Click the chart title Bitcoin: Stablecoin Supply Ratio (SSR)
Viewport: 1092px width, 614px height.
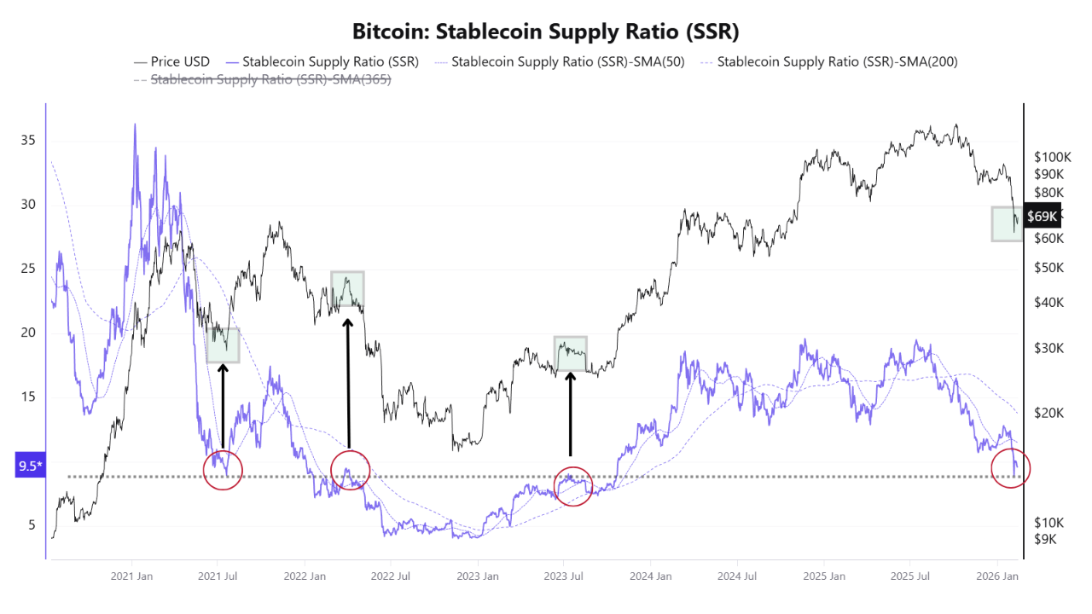tap(546, 32)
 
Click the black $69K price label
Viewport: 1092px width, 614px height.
tap(1043, 216)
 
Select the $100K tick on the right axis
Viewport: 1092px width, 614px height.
tap(1053, 158)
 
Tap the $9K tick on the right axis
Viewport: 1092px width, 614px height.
tap(1046, 539)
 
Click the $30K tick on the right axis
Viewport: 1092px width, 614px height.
tap(1049, 348)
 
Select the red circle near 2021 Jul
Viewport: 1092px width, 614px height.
tap(224, 469)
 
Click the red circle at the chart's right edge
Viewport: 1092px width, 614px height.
tap(1011, 467)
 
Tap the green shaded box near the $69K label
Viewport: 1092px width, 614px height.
tap(1007, 223)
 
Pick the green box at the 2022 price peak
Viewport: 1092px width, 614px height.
tap(347, 289)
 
